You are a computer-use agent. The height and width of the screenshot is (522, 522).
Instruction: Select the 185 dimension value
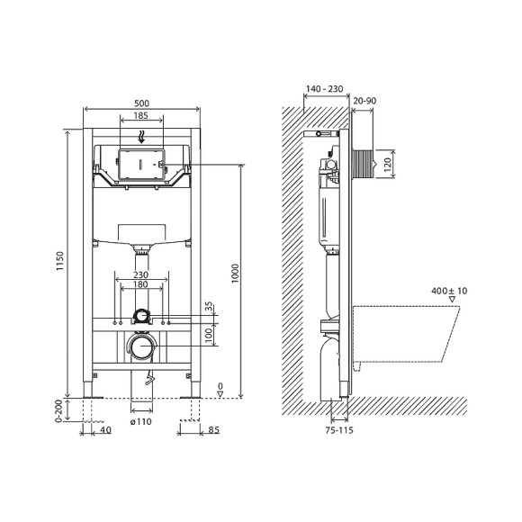140,116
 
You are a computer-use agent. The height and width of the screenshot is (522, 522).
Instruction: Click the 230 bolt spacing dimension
140,275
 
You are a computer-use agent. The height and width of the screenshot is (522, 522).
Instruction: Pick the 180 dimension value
140,285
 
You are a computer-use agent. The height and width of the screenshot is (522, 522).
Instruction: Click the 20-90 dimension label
365,102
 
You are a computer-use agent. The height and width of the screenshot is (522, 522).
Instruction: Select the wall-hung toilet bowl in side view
409,333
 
